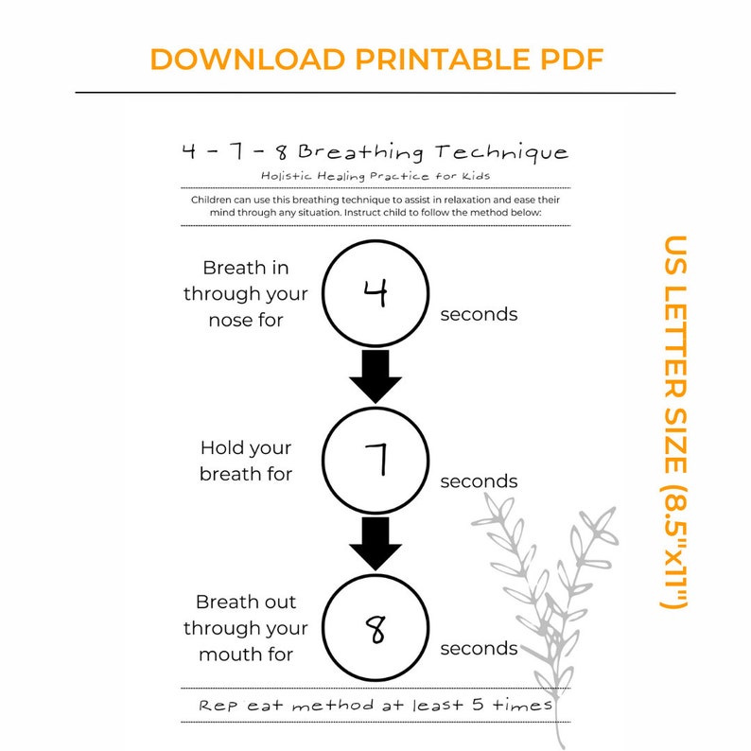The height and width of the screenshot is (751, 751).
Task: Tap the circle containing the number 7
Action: click(375, 461)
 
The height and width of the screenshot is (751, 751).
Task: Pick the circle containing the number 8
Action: click(375, 627)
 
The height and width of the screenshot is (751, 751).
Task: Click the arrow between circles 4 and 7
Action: click(375, 375)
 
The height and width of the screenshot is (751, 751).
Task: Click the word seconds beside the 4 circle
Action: click(479, 314)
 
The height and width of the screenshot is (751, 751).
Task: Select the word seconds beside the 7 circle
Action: click(479, 481)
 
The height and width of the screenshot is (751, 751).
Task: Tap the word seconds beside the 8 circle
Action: click(479, 649)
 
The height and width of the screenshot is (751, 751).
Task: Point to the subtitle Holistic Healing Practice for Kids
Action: click(375, 175)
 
